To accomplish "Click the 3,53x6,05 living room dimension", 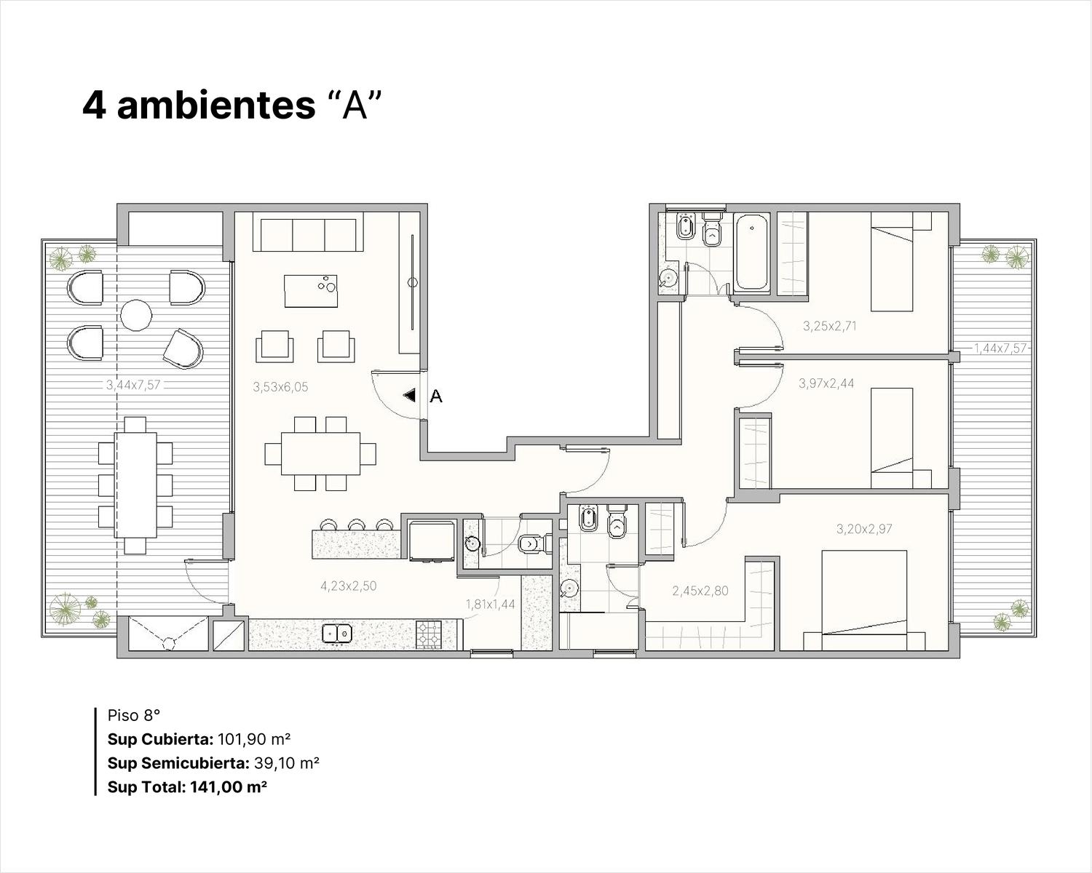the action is [x=280, y=388].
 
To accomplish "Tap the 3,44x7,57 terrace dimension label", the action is [x=133, y=385].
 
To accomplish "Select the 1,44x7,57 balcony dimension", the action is [x=1000, y=348].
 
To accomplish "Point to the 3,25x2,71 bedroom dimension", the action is [x=830, y=326].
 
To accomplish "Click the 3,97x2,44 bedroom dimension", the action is [x=826, y=383].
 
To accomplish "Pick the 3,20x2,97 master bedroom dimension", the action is [x=864, y=529].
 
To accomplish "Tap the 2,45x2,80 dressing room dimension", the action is [x=700, y=591].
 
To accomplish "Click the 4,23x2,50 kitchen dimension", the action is [x=349, y=586].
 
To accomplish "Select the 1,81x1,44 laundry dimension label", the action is [x=490, y=604].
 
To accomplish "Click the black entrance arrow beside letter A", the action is [x=409, y=395].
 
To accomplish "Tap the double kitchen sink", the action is [x=338, y=633].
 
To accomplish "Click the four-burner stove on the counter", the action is [x=429, y=634].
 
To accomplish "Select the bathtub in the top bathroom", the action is [x=751, y=252].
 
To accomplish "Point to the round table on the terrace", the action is [x=136, y=315].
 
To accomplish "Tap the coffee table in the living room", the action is [x=311, y=291].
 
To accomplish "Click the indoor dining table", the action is [x=321, y=453].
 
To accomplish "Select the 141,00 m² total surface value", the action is [x=229, y=786].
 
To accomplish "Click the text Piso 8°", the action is [x=134, y=715].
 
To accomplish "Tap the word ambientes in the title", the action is [x=216, y=105].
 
